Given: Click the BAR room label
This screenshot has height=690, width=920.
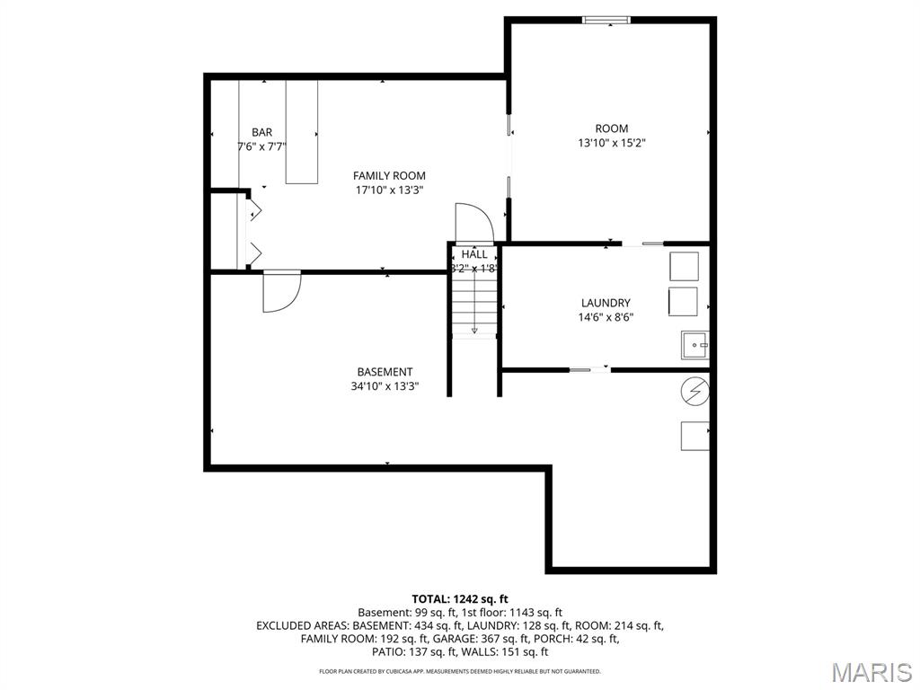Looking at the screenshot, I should tap(261, 132).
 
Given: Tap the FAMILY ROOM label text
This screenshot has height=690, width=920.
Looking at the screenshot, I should tap(389, 176).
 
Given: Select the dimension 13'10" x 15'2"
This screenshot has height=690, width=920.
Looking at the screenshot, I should tap(611, 143).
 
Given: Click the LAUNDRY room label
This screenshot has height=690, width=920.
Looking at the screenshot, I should tap(605, 304).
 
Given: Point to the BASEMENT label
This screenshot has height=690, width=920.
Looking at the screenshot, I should tap(385, 372).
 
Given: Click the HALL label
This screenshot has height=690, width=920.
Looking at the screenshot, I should tap(474, 254).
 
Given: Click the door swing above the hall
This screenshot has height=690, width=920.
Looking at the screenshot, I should tap(473, 223).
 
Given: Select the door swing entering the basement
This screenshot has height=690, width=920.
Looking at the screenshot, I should tap(279, 291).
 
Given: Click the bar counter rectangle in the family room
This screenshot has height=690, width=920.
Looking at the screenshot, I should tap(301, 132).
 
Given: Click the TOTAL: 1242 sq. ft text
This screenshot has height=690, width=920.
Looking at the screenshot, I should tap(460, 598).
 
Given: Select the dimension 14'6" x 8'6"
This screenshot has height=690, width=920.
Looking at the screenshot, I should tap(606, 317).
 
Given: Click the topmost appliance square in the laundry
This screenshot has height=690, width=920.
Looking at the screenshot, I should tap(684, 267).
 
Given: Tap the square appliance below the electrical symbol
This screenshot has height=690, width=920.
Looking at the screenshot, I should tap(694, 436).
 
